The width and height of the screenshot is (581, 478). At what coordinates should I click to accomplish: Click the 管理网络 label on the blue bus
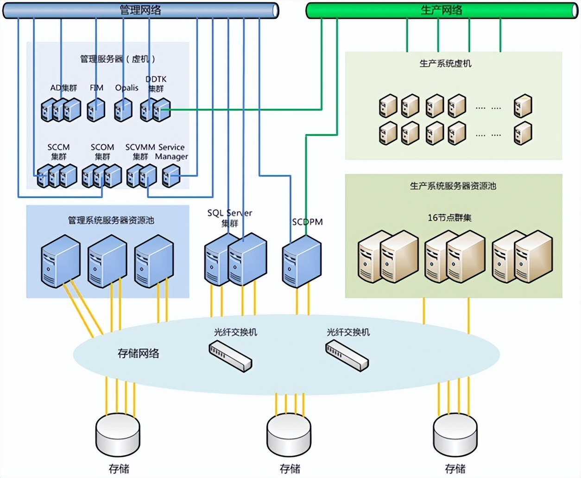(140, 10)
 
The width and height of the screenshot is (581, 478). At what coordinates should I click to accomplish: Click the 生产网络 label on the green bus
(441, 10)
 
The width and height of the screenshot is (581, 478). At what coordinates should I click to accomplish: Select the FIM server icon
(96, 110)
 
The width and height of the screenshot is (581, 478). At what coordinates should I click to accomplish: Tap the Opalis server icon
(123, 110)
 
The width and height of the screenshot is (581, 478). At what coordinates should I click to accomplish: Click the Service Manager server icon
(171, 176)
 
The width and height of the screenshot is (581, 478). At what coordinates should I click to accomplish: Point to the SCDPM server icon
(302, 261)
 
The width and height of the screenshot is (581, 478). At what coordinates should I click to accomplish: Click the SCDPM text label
(307, 222)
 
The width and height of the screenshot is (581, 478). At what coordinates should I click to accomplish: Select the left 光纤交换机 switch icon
(230, 356)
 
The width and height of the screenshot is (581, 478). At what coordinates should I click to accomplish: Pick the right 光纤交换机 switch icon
(347, 356)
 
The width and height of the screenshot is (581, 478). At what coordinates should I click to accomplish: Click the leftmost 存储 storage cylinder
(118, 435)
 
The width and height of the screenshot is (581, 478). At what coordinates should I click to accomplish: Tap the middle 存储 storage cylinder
(289, 435)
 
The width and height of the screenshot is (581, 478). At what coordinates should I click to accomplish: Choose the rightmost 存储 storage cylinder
(455, 435)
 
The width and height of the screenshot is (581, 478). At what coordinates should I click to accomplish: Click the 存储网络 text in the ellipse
(138, 354)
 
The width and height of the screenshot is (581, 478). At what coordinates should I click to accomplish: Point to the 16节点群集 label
(449, 217)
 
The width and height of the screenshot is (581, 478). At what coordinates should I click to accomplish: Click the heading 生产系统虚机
(445, 64)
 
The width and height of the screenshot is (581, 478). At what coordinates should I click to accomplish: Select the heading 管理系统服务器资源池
(111, 220)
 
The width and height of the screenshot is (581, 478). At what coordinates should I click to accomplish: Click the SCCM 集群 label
(58, 152)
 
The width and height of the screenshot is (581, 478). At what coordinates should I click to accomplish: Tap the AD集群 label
(63, 88)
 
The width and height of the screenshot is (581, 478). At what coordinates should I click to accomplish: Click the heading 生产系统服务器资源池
(453, 186)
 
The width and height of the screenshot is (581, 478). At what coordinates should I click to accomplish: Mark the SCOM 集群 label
(102, 152)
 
